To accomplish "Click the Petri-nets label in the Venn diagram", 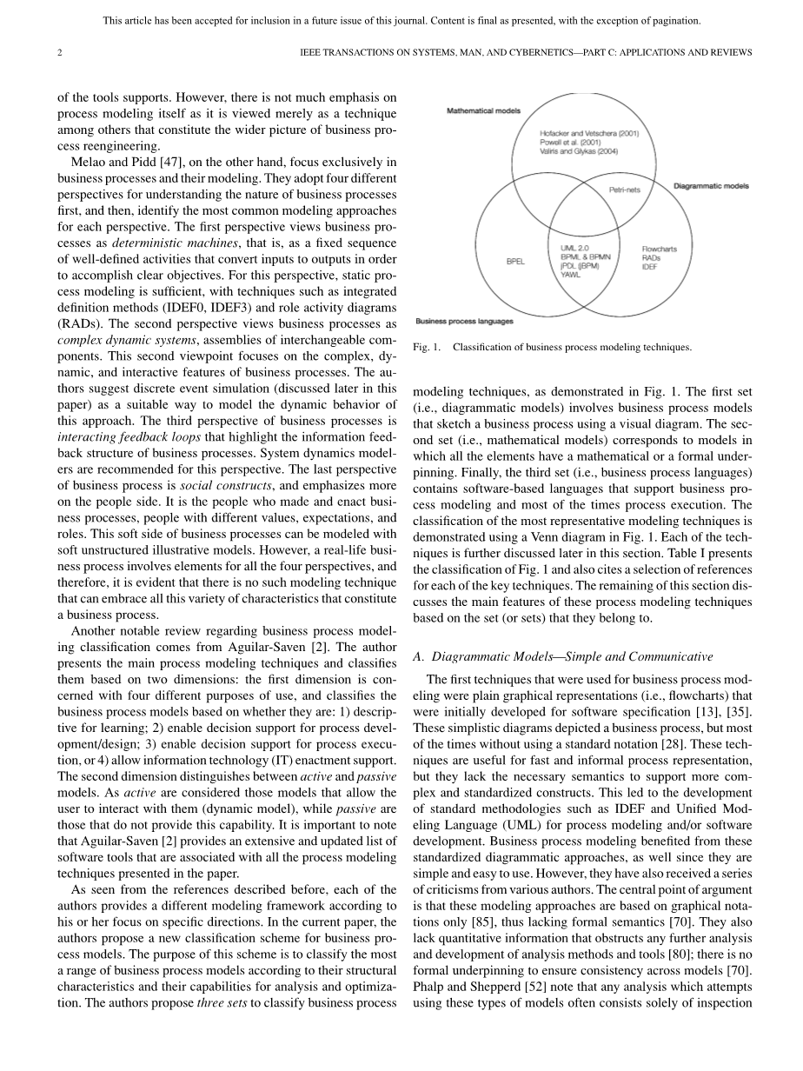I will (624, 190).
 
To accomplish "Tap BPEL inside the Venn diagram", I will (515, 261).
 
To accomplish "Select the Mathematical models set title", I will (484, 111).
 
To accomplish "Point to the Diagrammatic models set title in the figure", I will (712, 185).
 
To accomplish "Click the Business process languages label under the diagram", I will (464, 321).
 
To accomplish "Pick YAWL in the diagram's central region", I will (571, 275).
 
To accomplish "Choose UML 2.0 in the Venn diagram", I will (574, 248).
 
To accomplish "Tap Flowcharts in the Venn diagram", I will (659, 249).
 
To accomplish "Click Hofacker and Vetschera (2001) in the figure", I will (589, 134).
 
